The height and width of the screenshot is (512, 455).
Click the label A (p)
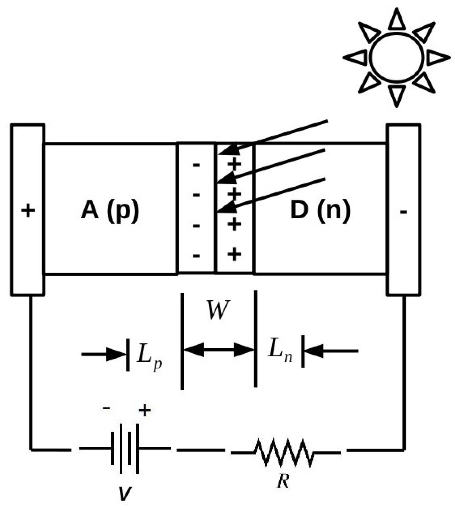(110, 210)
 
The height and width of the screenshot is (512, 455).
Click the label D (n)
(320, 210)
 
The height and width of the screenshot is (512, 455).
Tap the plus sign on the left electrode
(28, 210)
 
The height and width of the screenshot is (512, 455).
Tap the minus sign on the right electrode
(403, 212)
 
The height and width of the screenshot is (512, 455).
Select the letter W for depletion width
(218, 310)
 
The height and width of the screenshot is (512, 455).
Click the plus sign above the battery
(145, 410)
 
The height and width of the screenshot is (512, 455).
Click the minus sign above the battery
(106, 408)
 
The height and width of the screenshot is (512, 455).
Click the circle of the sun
(396, 57)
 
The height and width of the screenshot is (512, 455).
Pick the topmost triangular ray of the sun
(396, 20)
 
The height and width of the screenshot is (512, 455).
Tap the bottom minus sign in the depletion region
(196, 255)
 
